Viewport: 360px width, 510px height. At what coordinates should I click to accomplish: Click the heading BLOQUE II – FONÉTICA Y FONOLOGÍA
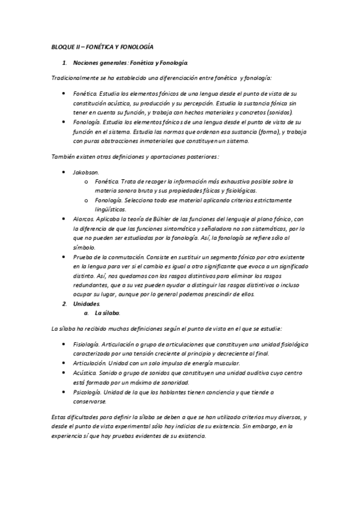[101, 46]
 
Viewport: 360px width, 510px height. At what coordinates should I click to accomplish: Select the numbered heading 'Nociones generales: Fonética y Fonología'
[130, 63]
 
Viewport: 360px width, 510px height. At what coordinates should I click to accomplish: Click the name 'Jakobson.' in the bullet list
[86, 172]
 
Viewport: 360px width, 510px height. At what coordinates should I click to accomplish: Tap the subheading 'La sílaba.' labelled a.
[108, 313]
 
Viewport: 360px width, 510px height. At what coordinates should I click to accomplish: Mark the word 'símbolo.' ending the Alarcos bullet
[84, 247]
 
